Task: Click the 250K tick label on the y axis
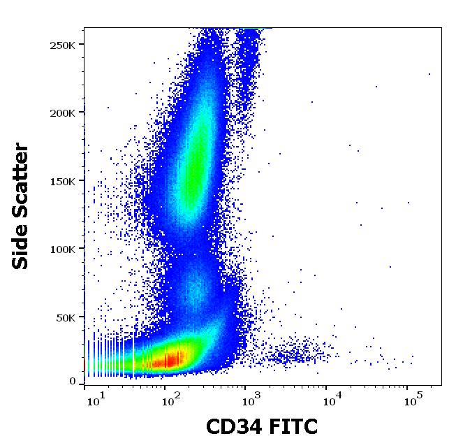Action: tap(63, 45)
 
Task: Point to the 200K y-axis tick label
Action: tap(63, 113)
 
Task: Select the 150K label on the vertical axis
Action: tap(63, 180)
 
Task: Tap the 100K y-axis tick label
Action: tap(63, 249)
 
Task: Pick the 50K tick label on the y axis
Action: tap(66, 317)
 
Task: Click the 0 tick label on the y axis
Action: tap(73, 382)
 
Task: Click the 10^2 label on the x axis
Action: tap(168, 400)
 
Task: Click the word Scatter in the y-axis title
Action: tap(22, 175)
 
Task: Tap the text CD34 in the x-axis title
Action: tap(233, 427)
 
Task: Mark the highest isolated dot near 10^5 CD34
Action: tap(429, 73)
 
